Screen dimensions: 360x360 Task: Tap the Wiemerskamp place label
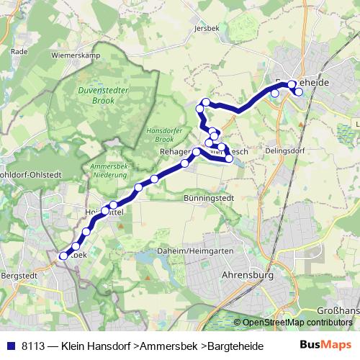pyautogui.click(x=74, y=55)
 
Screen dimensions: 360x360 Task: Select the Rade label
pyautogui.click(x=19, y=52)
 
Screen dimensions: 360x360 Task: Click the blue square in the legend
pyautogui.click(x=10, y=346)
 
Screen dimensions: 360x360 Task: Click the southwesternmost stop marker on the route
pyautogui.click(x=63, y=256)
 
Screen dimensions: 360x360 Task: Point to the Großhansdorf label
pyautogui.click(x=338, y=311)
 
